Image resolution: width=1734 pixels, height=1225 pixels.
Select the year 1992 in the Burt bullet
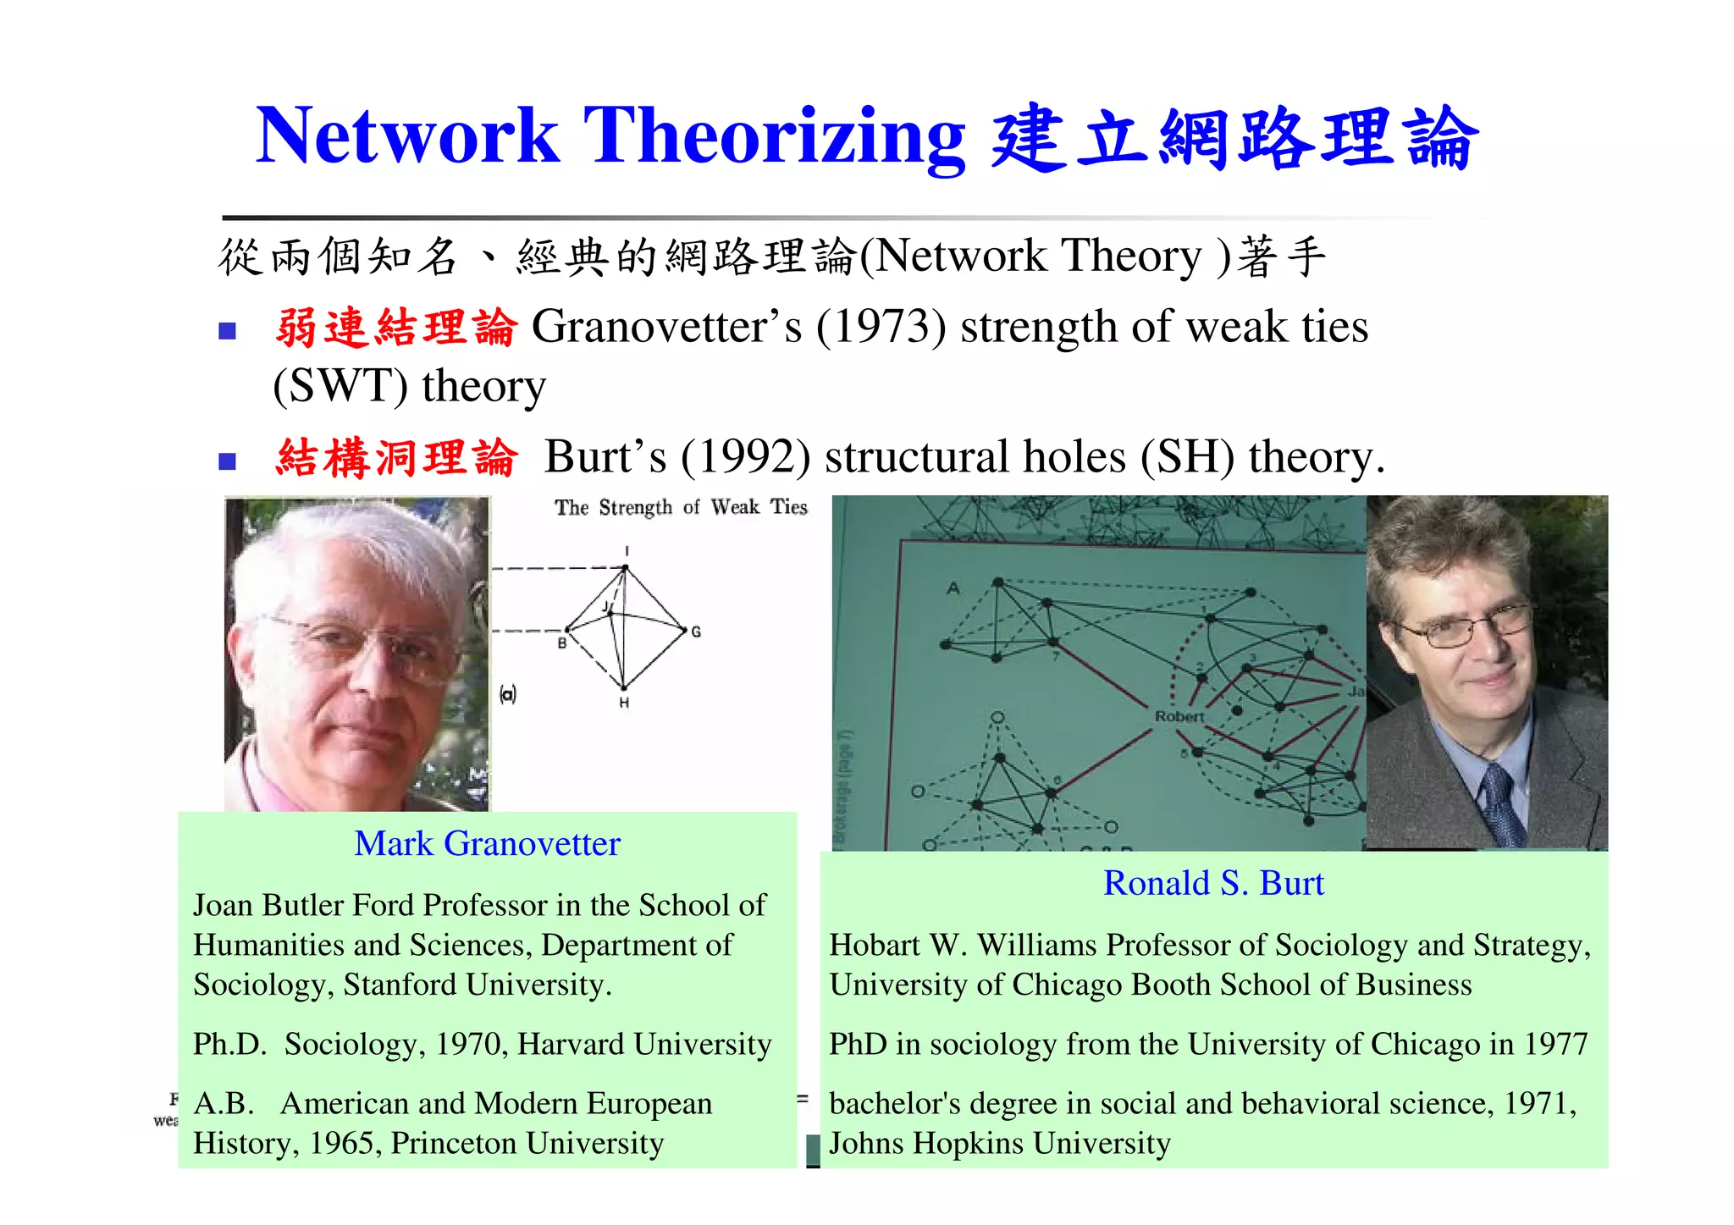[x=746, y=458]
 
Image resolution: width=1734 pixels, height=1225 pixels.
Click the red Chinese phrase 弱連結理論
[x=395, y=328]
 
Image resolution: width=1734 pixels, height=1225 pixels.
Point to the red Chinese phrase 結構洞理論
[x=395, y=458]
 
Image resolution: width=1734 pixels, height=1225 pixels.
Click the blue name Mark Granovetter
[x=487, y=844]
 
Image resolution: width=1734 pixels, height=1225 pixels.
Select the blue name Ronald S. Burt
[x=1212, y=884]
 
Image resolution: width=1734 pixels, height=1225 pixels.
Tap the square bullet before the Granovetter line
[x=227, y=331]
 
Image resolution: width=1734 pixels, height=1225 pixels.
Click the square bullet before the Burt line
[x=227, y=461]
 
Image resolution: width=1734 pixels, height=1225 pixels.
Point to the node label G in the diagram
[x=696, y=632]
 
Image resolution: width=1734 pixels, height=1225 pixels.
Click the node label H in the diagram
[x=624, y=704]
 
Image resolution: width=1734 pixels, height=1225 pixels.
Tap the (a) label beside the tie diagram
[x=508, y=695]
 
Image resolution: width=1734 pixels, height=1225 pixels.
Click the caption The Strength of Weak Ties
[x=681, y=507]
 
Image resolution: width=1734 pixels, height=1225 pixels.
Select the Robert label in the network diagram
[x=1179, y=716]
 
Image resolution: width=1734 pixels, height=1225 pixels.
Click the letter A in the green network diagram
[x=953, y=588]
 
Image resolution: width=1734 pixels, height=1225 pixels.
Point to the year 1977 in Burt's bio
[x=1555, y=1045]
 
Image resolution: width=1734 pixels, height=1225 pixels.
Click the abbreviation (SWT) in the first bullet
[x=340, y=387]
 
